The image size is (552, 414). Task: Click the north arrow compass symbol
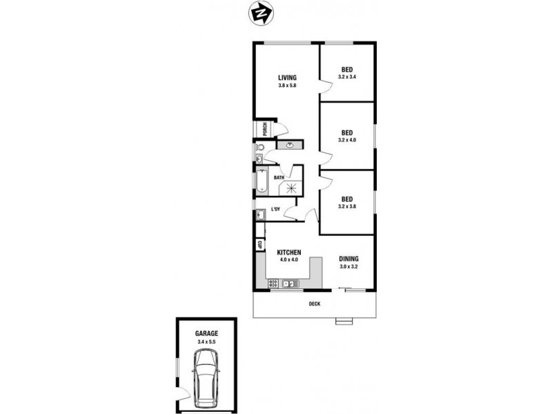[261, 13]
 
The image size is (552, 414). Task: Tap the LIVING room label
[287, 78]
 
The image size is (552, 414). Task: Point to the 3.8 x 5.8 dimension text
[287, 85]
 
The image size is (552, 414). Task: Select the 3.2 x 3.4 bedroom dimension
[347, 77]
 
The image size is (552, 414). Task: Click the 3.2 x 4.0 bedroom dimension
[347, 140]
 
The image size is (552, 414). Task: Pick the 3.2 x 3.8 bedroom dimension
[347, 206]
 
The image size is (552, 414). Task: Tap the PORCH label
[265, 129]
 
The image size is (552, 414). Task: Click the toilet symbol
[260, 147]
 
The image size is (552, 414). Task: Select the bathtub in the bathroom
[262, 182]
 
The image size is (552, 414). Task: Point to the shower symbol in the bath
[291, 188]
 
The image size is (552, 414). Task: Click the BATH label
[279, 178]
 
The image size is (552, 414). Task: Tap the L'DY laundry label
[275, 210]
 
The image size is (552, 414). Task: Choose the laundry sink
[261, 214]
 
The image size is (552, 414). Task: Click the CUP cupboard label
[260, 244]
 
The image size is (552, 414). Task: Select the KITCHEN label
[289, 253]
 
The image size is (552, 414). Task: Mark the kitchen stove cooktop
[273, 283]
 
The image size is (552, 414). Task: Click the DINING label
[348, 259]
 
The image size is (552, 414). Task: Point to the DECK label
[315, 304]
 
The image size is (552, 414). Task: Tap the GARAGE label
[206, 333]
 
